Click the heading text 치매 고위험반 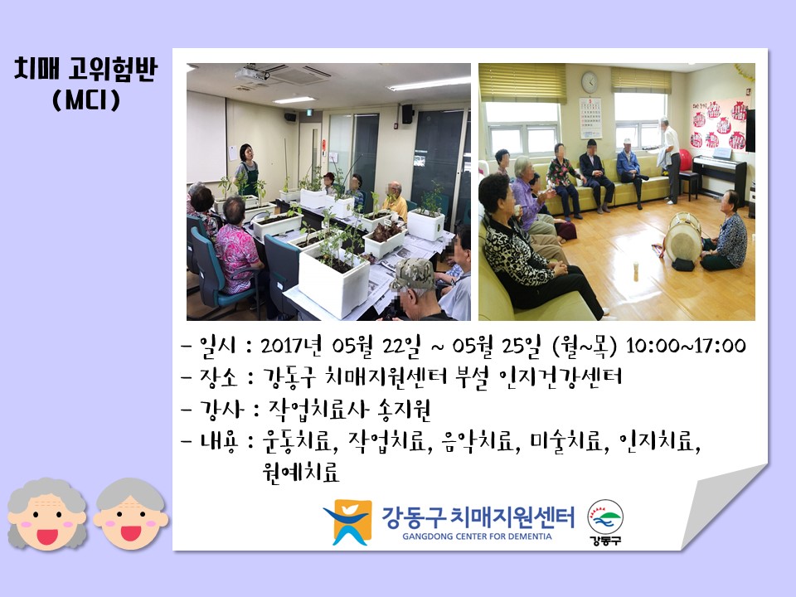pos(85,70)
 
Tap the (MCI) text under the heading pos(86,99)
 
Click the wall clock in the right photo pos(590,82)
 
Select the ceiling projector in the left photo pos(252,74)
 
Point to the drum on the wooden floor pos(683,239)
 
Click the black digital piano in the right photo pos(720,174)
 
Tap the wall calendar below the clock pos(590,118)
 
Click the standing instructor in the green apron pos(246,170)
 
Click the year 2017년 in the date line pos(291,346)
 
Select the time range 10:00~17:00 pos(686,346)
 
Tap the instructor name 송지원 pos(404,410)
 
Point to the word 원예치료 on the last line pos(300,472)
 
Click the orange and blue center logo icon pos(347,522)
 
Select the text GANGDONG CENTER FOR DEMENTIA pos(477,536)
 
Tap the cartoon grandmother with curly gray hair pos(46,514)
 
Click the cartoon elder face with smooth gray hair pos(130,514)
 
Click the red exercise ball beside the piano pos(686,160)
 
